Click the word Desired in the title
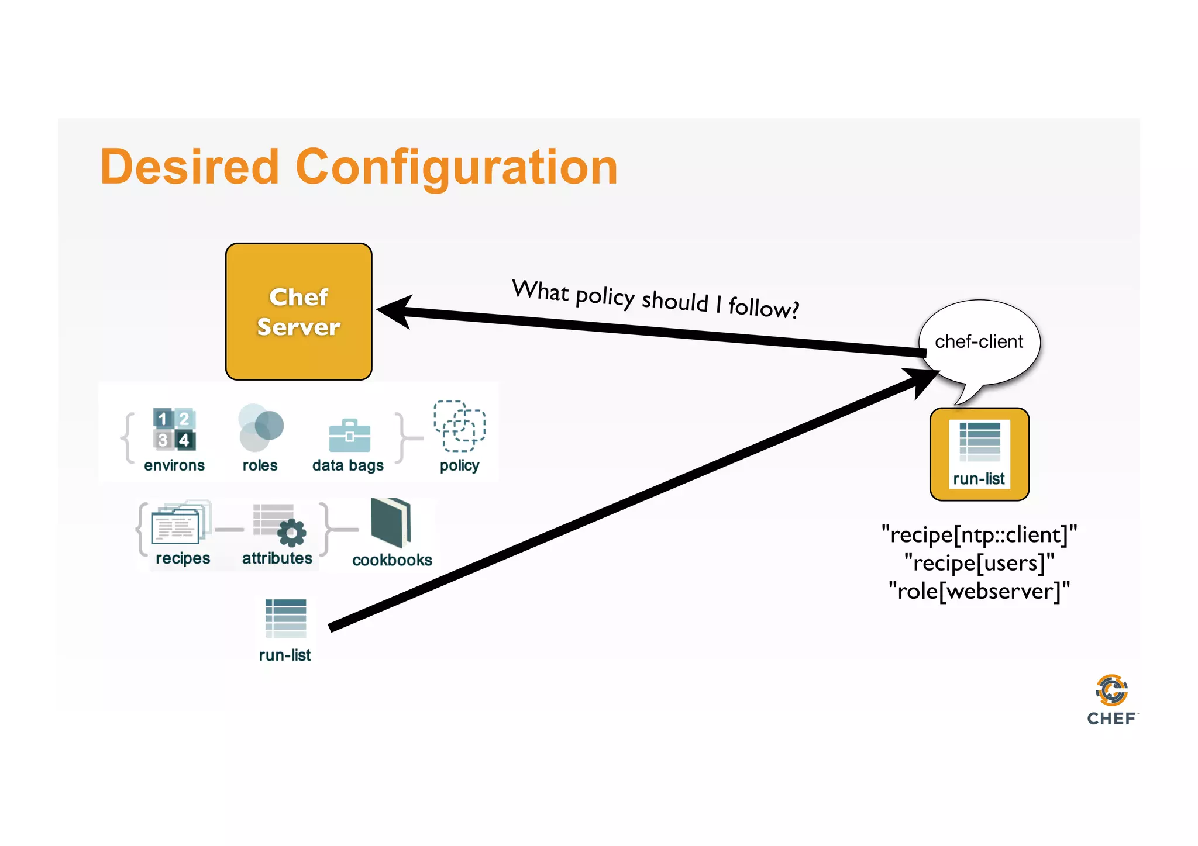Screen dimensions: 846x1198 (x=189, y=167)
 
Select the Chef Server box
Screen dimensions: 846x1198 (x=298, y=312)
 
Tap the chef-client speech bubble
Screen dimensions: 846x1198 (x=979, y=341)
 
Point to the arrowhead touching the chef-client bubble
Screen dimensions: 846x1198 (x=925, y=381)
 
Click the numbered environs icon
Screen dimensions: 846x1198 (x=174, y=429)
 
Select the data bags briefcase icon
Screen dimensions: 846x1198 (x=349, y=436)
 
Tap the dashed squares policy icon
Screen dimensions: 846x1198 (x=459, y=426)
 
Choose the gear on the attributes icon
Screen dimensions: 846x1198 (x=291, y=532)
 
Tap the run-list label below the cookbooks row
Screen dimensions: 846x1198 (x=285, y=655)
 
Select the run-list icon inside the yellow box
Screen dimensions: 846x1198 (x=980, y=442)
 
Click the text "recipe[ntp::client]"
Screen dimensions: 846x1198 (x=979, y=534)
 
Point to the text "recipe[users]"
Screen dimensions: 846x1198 (x=979, y=562)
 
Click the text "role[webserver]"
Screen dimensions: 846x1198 (x=979, y=591)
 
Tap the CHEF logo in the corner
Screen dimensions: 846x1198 (x=1111, y=700)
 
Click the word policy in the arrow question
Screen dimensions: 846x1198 (x=605, y=296)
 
